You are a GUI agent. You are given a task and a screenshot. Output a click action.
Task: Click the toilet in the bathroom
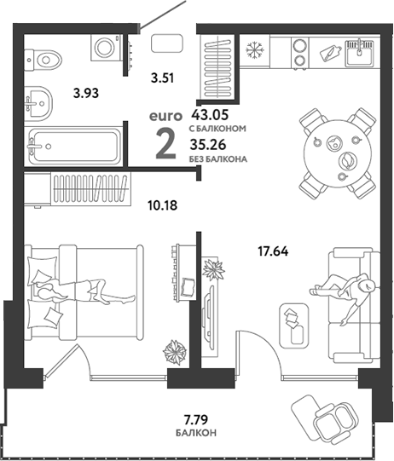43,60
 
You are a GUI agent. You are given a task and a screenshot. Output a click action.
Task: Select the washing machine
107,48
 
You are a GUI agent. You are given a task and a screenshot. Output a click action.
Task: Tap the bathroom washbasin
38,103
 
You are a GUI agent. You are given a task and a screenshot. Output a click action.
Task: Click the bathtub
73,146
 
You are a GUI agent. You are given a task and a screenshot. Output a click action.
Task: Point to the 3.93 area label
86,94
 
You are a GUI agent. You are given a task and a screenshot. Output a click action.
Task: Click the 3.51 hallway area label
162,78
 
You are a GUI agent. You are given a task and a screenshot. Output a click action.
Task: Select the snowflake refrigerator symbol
255,49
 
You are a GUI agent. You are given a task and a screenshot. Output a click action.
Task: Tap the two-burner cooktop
300,53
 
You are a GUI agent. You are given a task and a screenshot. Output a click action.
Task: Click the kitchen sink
360,53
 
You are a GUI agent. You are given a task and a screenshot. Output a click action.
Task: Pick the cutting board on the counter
331,53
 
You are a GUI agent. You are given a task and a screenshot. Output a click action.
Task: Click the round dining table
337,153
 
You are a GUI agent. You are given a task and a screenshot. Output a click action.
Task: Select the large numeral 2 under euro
165,144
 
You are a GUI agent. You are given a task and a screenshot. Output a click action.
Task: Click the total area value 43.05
210,115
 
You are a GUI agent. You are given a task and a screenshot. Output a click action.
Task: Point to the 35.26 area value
208,145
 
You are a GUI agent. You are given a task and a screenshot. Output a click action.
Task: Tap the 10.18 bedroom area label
163,205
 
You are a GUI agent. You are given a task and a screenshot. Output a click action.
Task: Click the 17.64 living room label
273,251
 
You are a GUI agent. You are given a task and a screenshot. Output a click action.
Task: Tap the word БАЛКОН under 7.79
196,433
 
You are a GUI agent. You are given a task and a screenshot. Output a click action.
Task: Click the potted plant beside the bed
175,352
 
